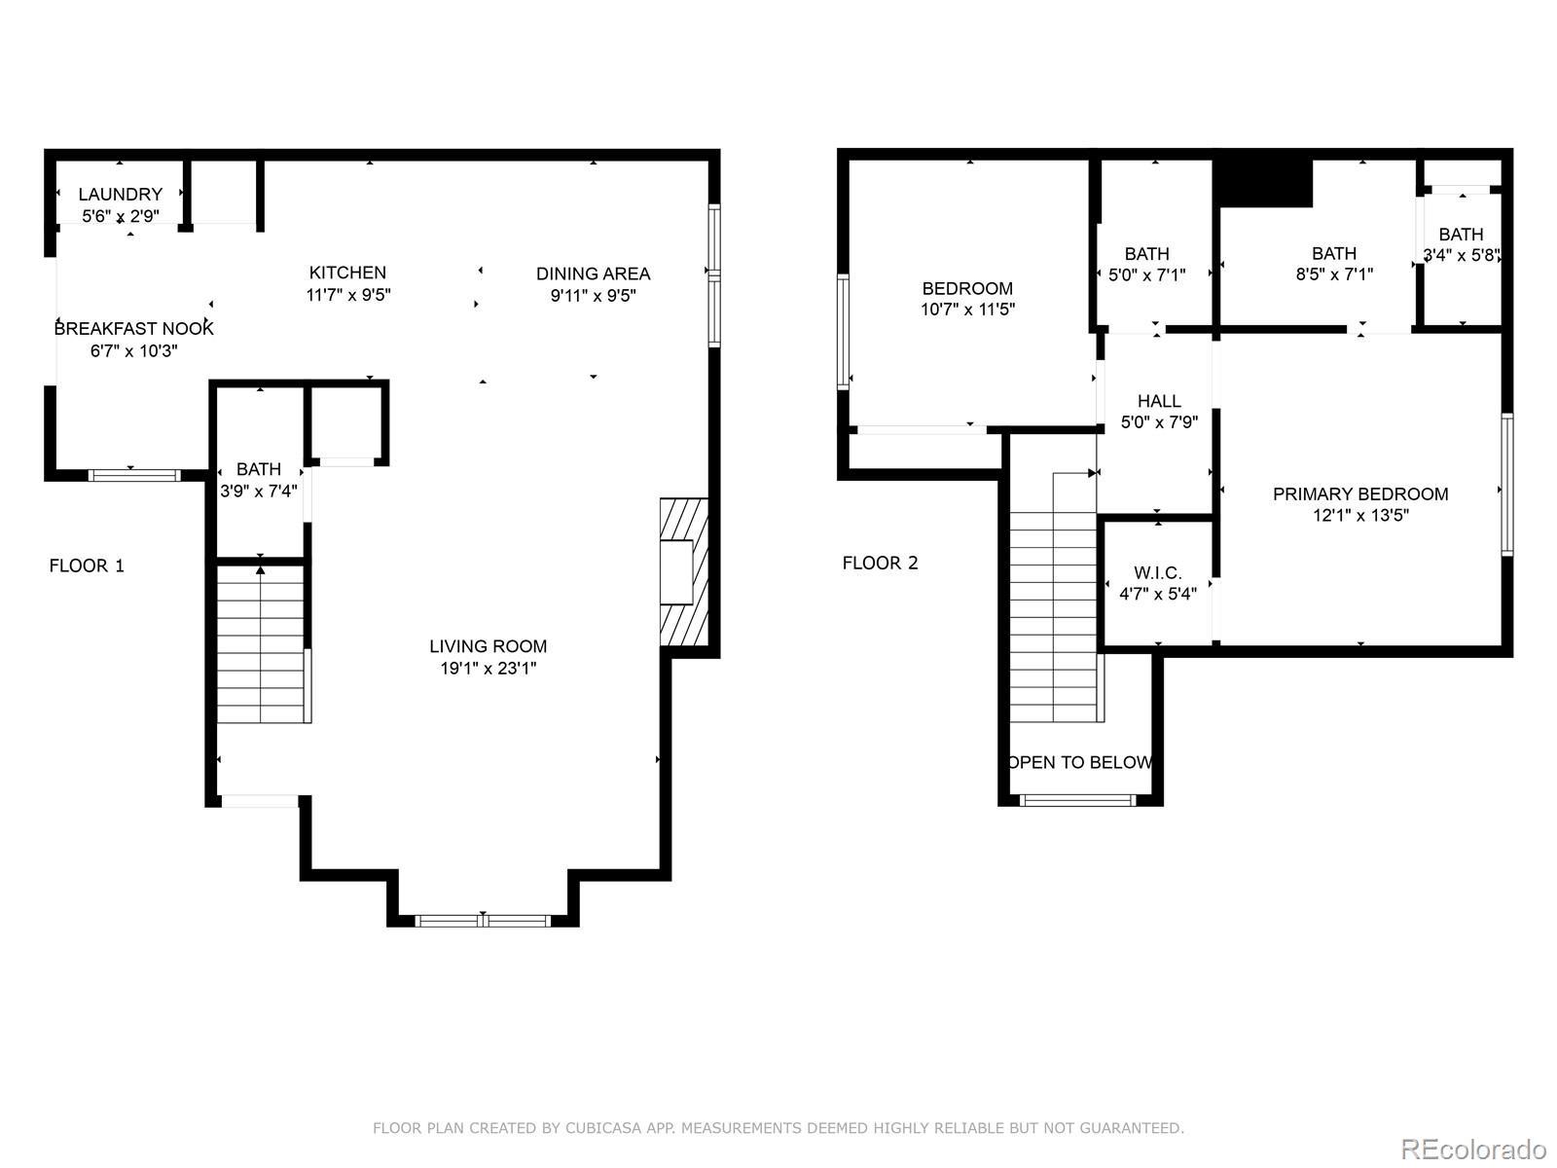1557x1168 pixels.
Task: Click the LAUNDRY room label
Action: [x=120, y=195]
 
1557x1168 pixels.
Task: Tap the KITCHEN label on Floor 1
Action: [x=347, y=273]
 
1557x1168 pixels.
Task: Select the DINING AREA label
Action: [x=593, y=274]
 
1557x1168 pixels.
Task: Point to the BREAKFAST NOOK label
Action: [x=133, y=328]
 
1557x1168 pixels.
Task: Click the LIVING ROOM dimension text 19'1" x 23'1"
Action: [x=489, y=668]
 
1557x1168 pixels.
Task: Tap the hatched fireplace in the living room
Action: [x=684, y=571]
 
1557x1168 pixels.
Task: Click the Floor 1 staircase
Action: [x=261, y=643]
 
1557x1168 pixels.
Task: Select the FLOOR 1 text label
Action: [x=87, y=566]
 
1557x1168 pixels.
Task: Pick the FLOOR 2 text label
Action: [x=880, y=564]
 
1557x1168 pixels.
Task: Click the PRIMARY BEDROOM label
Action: [x=1360, y=494]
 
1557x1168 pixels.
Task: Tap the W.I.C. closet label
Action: [x=1158, y=573]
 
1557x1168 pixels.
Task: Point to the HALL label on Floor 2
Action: [x=1159, y=401]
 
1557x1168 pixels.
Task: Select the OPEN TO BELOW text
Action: [x=1079, y=762]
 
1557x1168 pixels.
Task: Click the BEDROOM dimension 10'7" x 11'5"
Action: [x=967, y=310]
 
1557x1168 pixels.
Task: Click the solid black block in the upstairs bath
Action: [x=1262, y=183]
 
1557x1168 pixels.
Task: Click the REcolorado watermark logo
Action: [x=1474, y=1149]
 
